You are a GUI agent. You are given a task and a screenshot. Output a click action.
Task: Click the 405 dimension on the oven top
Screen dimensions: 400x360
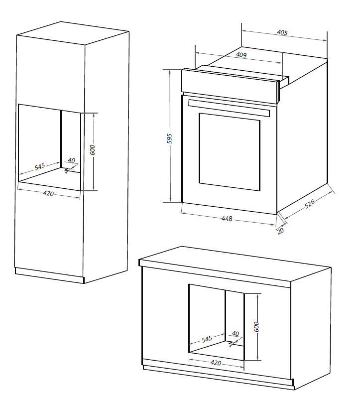[x=282, y=33]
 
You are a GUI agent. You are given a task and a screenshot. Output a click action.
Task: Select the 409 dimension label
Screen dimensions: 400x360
[x=241, y=55]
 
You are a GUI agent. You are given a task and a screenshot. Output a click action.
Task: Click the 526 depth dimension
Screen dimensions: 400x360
[x=310, y=205]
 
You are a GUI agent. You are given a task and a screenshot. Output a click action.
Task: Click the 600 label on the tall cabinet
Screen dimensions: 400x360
[x=92, y=150]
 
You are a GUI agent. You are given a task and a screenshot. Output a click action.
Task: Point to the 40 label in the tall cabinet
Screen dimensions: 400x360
[x=71, y=160]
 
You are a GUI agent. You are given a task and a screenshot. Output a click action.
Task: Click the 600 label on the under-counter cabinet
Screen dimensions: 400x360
[x=256, y=327]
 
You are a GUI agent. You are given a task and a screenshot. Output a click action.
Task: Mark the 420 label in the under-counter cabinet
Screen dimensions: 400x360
[x=216, y=363]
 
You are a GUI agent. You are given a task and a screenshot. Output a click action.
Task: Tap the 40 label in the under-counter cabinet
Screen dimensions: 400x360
[x=236, y=334]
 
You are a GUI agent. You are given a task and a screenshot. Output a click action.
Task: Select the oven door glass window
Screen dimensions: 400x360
[x=229, y=150]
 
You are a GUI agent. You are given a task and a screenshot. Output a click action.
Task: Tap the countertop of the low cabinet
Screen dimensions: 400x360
[x=234, y=261]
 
